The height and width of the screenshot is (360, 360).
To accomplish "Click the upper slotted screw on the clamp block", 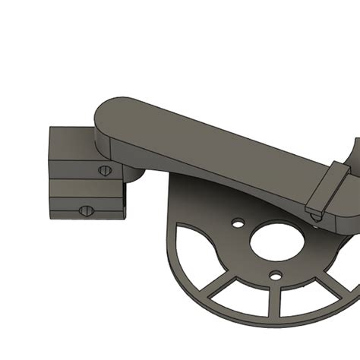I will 104,170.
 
